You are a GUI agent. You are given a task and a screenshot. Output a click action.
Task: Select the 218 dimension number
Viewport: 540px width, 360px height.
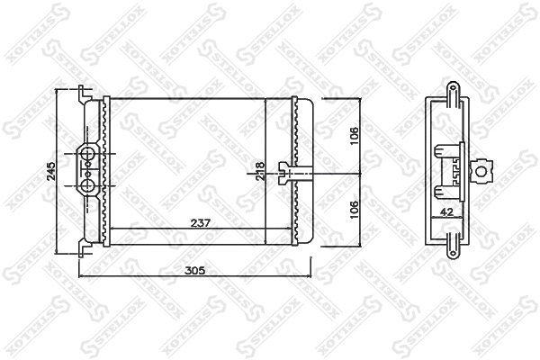tap(260, 171)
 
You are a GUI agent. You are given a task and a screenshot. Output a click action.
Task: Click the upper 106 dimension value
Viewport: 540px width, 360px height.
tap(355, 135)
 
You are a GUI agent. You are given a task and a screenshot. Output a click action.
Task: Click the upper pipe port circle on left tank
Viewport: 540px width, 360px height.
tap(89, 156)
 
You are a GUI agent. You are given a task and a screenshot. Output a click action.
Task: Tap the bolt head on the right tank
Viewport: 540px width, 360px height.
tap(286, 172)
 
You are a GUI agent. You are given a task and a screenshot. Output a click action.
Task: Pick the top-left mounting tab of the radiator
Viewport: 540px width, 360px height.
tap(85, 92)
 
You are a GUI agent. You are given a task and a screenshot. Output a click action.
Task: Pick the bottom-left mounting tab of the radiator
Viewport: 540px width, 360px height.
tap(85, 245)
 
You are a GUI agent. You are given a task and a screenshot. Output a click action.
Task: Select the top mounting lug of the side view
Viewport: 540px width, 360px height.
tap(451, 90)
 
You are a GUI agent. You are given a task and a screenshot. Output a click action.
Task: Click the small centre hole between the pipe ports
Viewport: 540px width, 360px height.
tap(89, 171)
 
